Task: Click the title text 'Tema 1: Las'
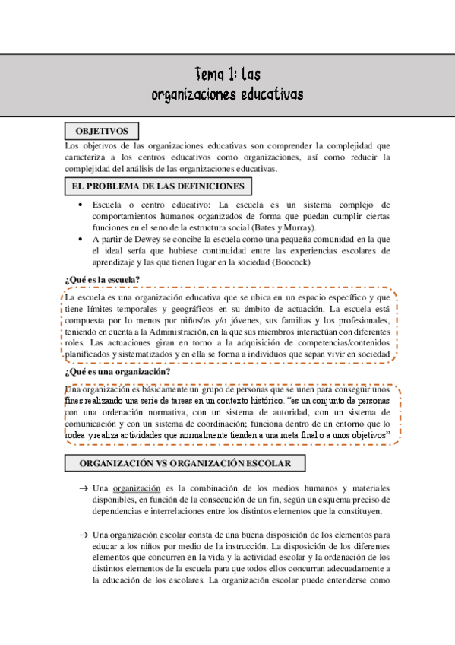[227, 75]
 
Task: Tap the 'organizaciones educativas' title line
[227, 94]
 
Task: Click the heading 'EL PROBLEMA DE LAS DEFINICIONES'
[158, 186]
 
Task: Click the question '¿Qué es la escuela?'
[103, 280]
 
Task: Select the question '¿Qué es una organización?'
[117, 372]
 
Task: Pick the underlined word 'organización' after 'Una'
[136, 488]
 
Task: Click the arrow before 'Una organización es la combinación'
[81, 488]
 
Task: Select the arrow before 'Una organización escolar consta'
[81, 535]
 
